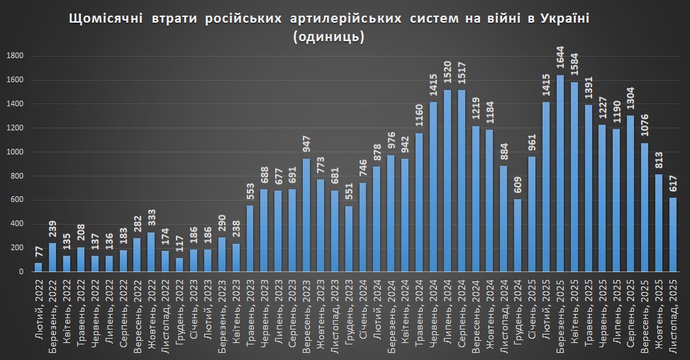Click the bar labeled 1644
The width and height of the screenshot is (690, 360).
(560, 173)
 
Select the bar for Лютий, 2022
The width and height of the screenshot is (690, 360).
(38, 267)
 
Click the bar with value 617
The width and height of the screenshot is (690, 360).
(672, 235)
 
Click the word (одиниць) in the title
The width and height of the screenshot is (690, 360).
(328, 38)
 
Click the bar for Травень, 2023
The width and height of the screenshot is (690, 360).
(250, 238)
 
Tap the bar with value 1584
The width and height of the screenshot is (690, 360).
(574, 176)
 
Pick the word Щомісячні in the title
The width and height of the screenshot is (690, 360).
(104, 19)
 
